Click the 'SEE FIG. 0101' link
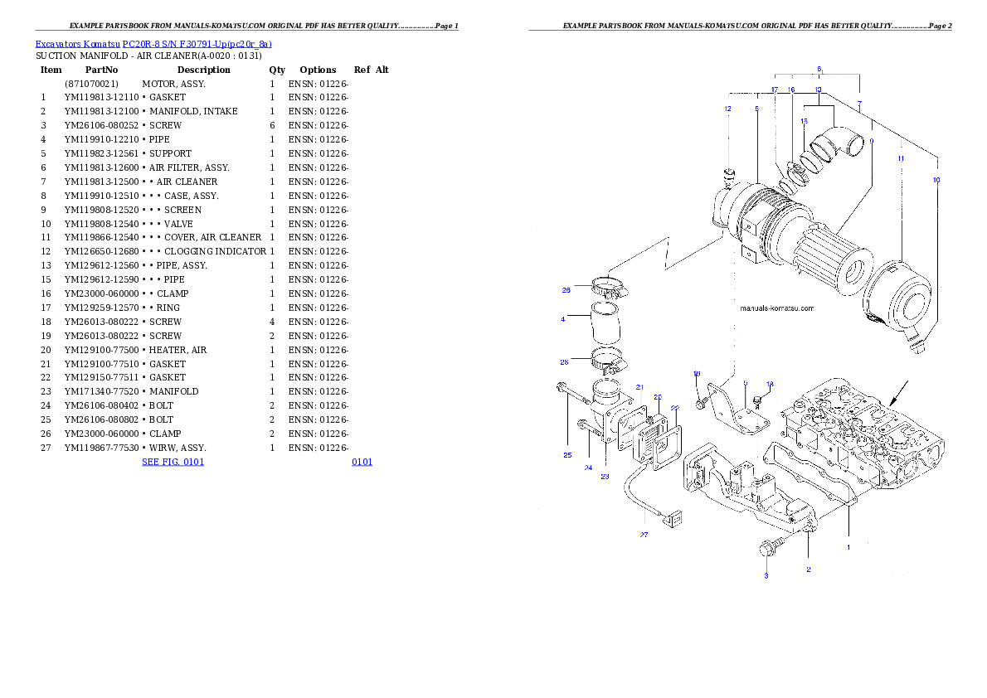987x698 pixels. click(173, 462)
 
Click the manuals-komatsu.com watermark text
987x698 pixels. click(776, 308)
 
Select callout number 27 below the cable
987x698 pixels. click(644, 536)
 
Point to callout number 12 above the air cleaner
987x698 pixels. click(727, 109)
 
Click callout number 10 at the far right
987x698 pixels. click(936, 180)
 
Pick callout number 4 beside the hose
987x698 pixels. click(563, 318)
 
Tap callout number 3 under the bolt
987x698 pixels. click(766, 575)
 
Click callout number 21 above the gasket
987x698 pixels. click(639, 387)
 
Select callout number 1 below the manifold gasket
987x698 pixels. click(848, 547)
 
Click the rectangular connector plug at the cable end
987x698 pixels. click(673, 520)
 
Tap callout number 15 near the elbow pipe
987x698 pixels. click(804, 121)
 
